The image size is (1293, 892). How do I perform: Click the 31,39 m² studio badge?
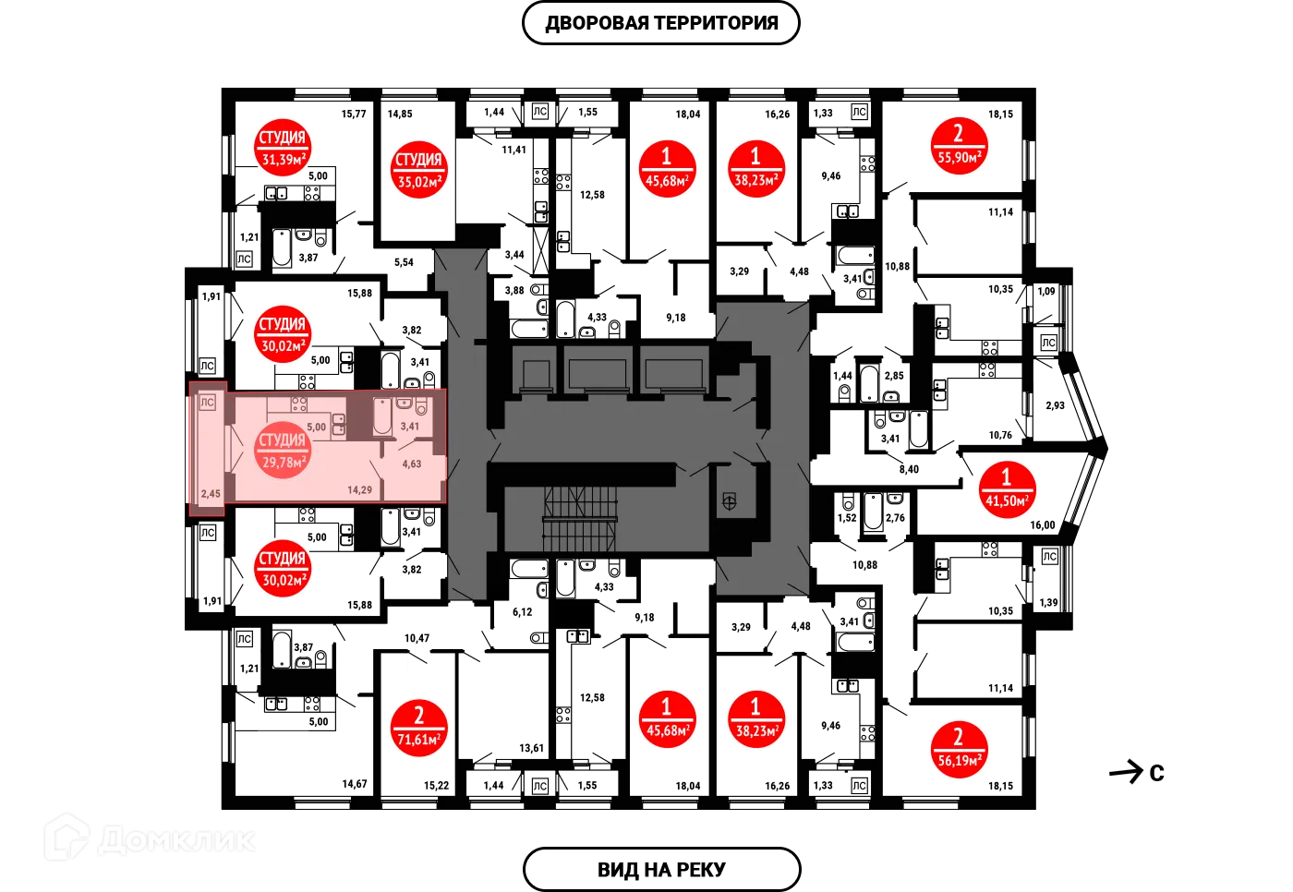pos(282,148)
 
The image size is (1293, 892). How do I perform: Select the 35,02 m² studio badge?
pos(418,171)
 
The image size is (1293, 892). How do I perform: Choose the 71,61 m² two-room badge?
pos(418,728)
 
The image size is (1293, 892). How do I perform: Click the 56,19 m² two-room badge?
pos(958,749)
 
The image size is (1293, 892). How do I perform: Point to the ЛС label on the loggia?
pos(207,403)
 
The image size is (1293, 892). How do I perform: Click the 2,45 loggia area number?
pos(211,494)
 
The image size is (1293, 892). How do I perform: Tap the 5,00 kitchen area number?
pos(316,428)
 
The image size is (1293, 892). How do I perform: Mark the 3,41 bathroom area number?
pos(409,427)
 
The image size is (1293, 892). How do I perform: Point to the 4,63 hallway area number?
pos(411,464)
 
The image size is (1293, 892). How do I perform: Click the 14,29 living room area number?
pos(359,490)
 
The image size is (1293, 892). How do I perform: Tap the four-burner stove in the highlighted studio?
pos(299,404)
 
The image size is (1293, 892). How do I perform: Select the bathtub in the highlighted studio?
pos(381,416)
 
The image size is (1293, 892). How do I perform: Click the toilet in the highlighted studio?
pos(421,406)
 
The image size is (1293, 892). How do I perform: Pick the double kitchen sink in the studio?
pos(339,425)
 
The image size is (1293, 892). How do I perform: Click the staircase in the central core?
pos(579,518)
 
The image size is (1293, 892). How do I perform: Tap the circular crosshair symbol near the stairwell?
pos(729,502)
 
